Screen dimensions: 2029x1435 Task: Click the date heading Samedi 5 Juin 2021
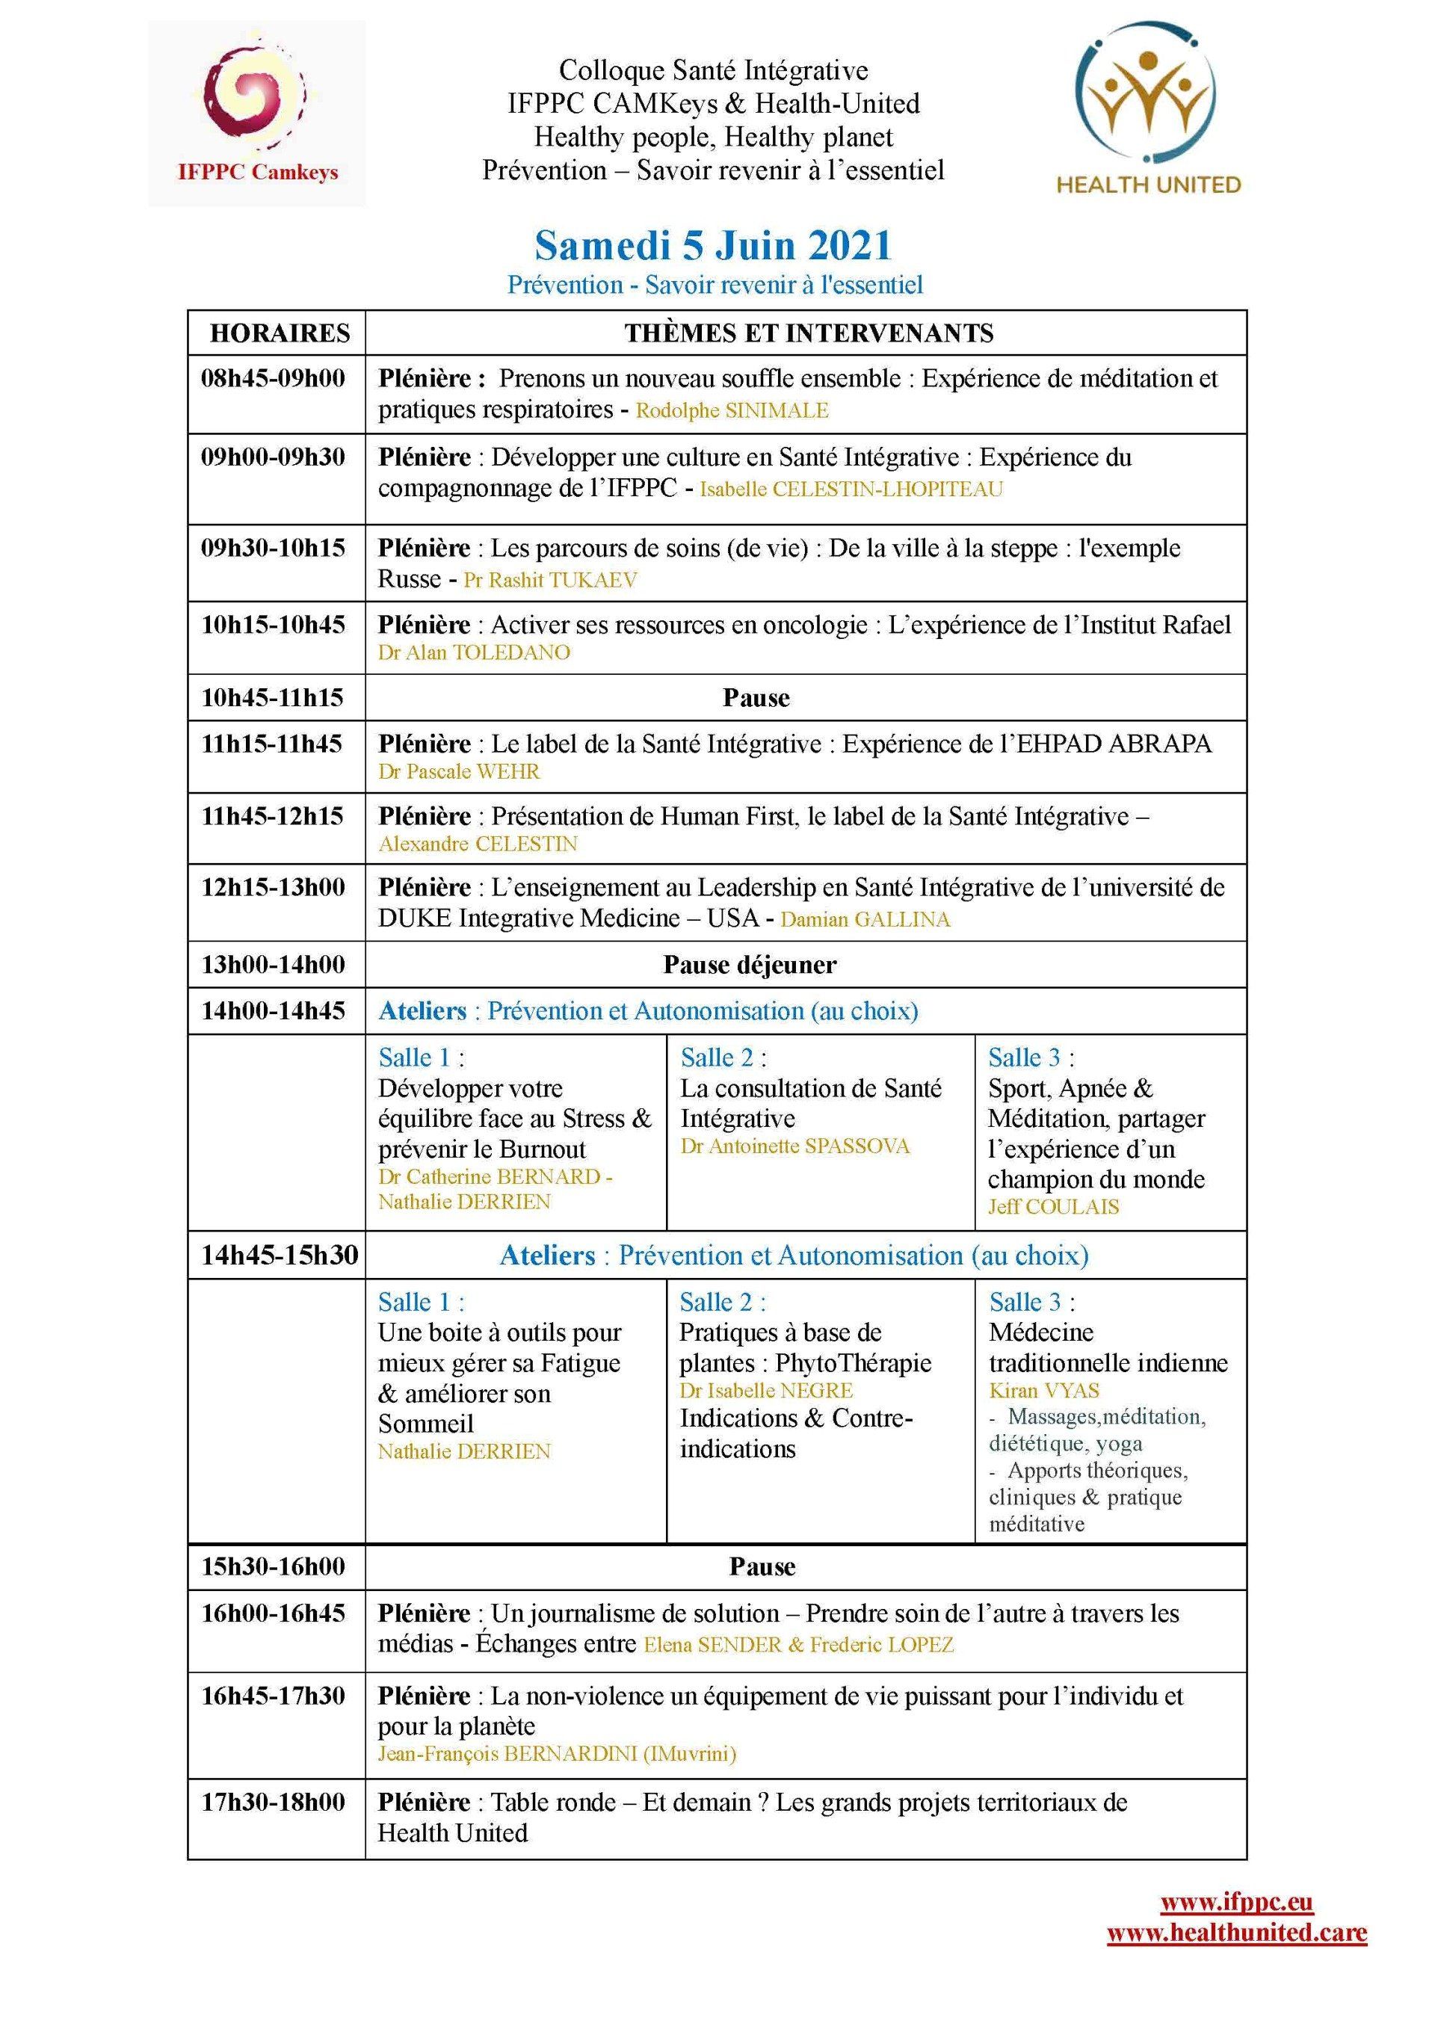tap(713, 246)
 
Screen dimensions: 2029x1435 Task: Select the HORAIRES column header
tap(280, 333)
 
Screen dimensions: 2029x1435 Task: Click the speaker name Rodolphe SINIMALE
tap(732, 411)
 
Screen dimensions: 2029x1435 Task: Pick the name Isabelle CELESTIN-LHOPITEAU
tap(851, 490)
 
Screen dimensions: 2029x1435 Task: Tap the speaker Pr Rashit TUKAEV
tap(549, 581)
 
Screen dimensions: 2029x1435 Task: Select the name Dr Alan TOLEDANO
tap(474, 653)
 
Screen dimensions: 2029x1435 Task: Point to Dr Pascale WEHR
tap(459, 771)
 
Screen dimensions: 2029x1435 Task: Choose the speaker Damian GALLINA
tap(865, 920)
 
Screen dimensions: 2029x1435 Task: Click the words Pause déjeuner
tap(750, 964)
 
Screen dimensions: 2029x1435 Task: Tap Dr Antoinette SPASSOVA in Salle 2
tap(794, 1147)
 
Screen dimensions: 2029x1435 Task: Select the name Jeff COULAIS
tap(1053, 1207)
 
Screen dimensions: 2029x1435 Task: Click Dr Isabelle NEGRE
tap(766, 1391)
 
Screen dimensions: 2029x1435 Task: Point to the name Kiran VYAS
tap(1044, 1391)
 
